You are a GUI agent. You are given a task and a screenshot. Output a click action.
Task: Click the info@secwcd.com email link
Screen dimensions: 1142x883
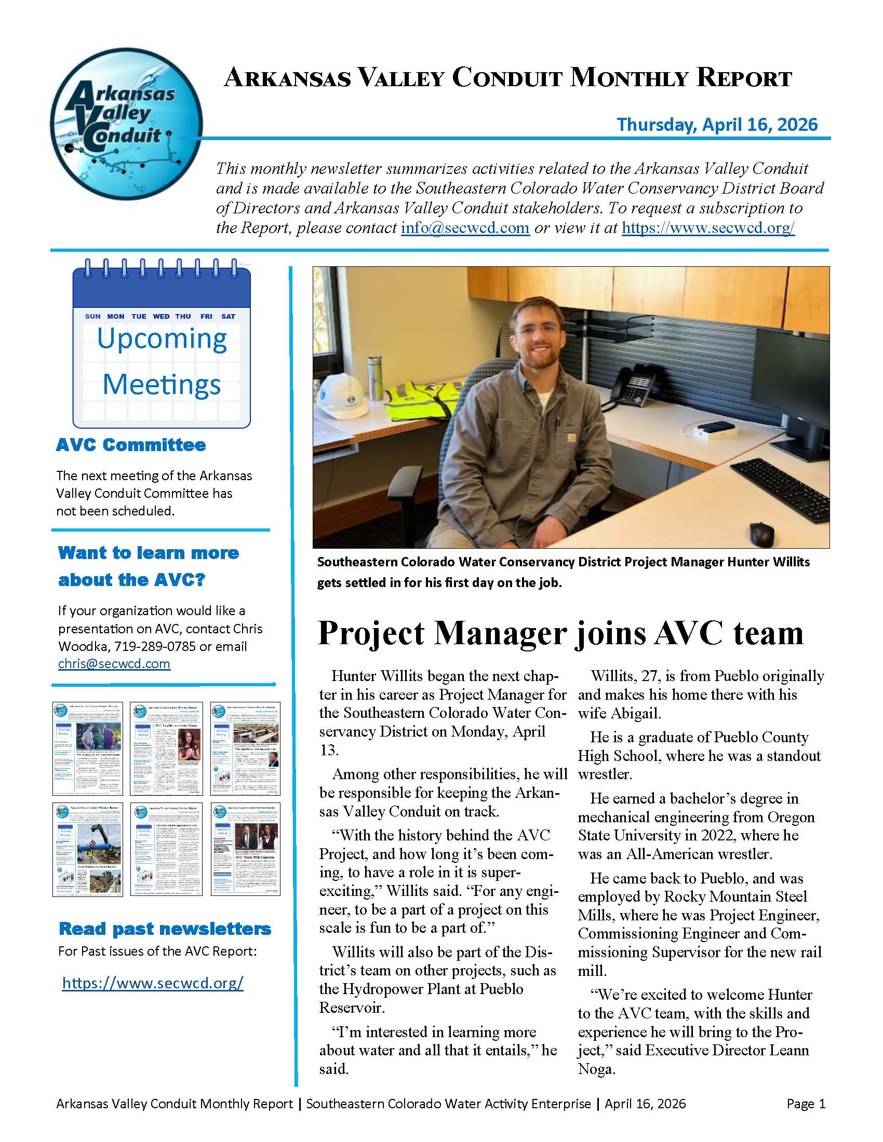465,228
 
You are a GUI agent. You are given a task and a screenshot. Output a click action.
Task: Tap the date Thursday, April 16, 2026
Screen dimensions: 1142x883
717,125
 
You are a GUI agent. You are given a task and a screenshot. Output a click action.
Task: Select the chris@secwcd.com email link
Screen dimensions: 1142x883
114,663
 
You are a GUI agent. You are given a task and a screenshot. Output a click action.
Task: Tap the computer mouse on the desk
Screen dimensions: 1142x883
762,532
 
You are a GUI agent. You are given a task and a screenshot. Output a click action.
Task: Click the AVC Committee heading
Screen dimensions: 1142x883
131,445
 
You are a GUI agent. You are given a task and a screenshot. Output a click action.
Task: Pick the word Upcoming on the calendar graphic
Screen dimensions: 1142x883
162,338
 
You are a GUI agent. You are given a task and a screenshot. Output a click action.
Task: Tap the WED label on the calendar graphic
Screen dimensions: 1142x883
161,316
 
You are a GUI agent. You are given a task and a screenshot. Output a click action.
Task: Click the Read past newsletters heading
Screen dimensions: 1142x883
165,929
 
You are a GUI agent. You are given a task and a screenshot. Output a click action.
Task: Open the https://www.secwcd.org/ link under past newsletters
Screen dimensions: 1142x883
153,983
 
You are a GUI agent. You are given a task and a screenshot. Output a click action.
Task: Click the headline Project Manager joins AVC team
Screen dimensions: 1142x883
560,633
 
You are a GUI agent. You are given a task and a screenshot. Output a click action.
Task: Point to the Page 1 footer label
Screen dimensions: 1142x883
806,1104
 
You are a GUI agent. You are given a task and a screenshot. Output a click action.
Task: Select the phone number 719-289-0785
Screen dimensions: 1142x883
154,646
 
